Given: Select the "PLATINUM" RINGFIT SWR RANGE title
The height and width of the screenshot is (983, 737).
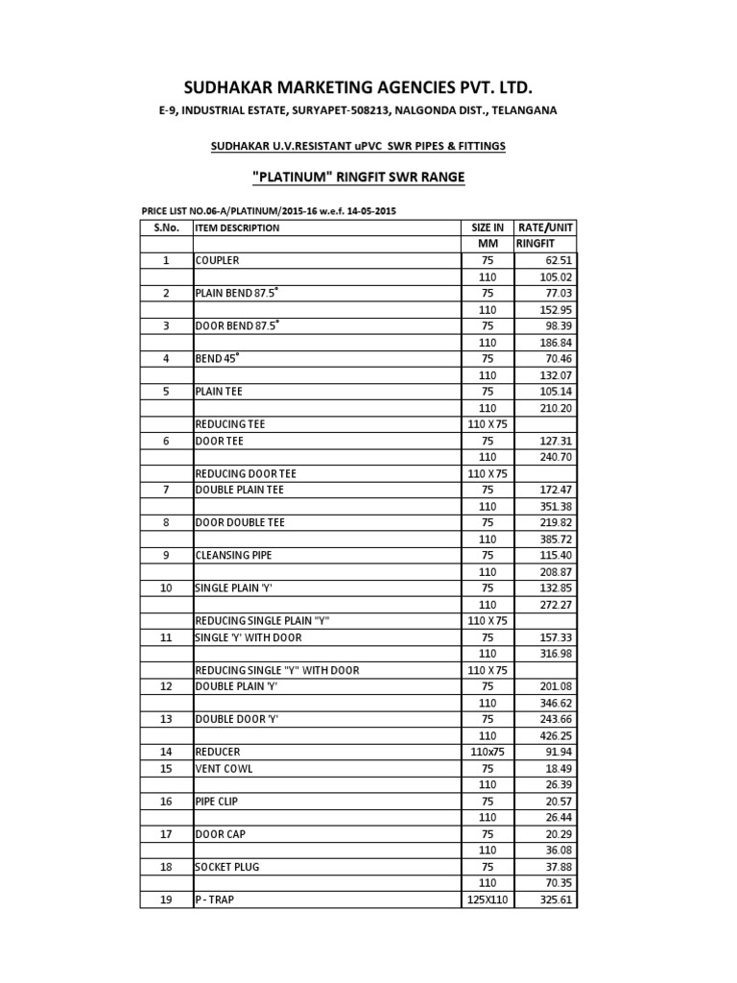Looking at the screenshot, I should pyautogui.click(x=357, y=179).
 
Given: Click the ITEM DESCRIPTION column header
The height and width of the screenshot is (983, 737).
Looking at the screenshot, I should pyautogui.click(x=237, y=228).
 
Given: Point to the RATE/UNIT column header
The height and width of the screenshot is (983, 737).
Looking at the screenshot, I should pyautogui.click(x=546, y=228).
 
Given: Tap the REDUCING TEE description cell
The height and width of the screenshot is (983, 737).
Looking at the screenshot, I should pyautogui.click(x=230, y=423).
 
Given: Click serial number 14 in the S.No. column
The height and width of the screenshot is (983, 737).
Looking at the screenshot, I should pyautogui.click(x=165, y=752).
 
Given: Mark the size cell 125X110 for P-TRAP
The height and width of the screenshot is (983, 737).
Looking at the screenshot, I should pyautogui.click(x=487, y=899).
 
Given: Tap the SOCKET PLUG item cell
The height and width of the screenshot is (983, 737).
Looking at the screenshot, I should pyautogui.click(x=227, y=867).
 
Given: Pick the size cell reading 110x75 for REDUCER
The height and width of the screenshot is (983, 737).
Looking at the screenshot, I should pyautogui.click(x=487, y=752).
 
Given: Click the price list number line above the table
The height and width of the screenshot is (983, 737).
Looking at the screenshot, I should pyautogui.click(x=270, y=210).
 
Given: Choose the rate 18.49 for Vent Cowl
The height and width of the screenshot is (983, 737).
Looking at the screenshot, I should pyautogui.click(x=556, y=768).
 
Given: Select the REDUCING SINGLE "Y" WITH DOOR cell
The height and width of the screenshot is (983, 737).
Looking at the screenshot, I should pyautogui.click(x=276, y=670).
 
